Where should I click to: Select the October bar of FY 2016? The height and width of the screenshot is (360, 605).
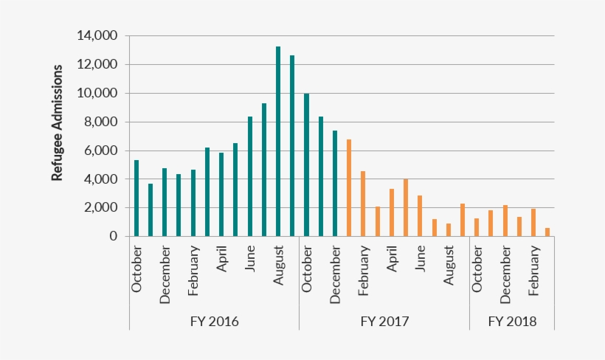click(x=136, y=198)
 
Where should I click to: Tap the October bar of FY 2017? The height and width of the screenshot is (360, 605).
click(x=306, y=165)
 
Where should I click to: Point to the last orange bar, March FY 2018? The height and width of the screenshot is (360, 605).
click(x=547, y=232)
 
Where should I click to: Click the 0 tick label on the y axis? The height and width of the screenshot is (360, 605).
click(x=113, y=237)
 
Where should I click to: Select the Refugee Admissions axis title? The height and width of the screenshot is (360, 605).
click(x=57, y=122)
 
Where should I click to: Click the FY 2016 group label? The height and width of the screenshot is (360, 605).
click(x=214, y=322)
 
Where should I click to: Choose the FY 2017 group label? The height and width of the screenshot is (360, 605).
click(x=384, y=322)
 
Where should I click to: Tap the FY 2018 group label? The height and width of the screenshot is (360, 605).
click(x=512, y=322)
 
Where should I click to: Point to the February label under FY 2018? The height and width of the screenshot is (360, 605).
click(x=533, y=270)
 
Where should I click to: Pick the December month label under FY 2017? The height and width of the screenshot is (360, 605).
click(x=335, y=273)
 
